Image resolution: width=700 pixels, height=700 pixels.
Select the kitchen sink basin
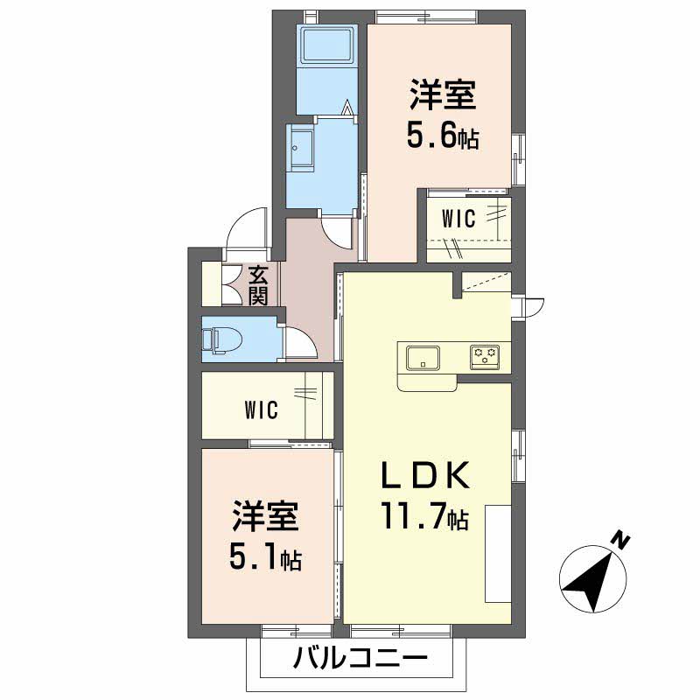(x=423, y=358)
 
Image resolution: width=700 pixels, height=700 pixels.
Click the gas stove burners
(x=485, y=357)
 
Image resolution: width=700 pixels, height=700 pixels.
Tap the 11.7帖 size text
(x=424, y=515)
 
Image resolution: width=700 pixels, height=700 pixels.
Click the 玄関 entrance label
(x=258, y=285)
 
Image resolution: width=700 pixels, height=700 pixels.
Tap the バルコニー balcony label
(x=360, y=658)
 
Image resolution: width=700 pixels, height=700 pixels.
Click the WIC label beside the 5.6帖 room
(x=458, y=218)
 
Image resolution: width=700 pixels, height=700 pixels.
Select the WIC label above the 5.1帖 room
(x=262, y=409)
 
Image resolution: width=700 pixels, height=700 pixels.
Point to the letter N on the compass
(x=620, y=541)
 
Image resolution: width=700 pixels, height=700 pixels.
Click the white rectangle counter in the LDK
(x=498, y=554)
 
